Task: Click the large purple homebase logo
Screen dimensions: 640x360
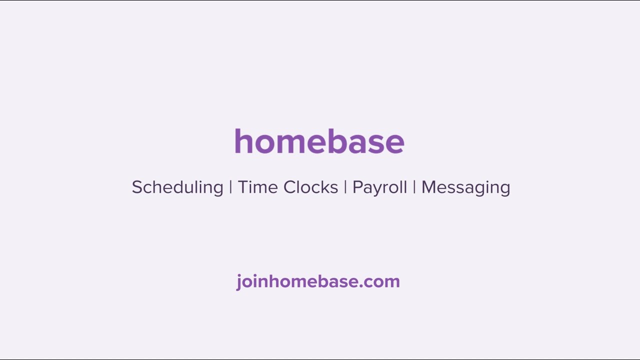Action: click(319, 141)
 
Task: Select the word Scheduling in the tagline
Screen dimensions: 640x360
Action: click(177, 187)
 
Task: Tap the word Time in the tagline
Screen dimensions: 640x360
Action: click(257, 187)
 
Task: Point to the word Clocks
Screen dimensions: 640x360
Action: click(311, 187)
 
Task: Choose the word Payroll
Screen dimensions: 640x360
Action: click(379, 187)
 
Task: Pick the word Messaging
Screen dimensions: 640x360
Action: click(466, 187)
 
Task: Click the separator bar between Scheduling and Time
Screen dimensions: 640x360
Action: click(230, 187)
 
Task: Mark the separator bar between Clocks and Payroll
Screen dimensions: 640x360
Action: click(345, 187)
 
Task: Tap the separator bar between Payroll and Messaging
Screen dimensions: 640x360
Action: click(414, 187)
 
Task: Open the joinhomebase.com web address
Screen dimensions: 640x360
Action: click(318, 282)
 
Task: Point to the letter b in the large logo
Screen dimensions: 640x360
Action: click(339, 141)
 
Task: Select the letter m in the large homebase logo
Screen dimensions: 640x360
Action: click(291, 144)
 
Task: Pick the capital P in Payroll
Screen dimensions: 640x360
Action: click(358, 187)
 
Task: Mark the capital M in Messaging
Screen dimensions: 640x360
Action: click(429, 187)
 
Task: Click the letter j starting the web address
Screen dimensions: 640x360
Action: click(239, 282)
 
